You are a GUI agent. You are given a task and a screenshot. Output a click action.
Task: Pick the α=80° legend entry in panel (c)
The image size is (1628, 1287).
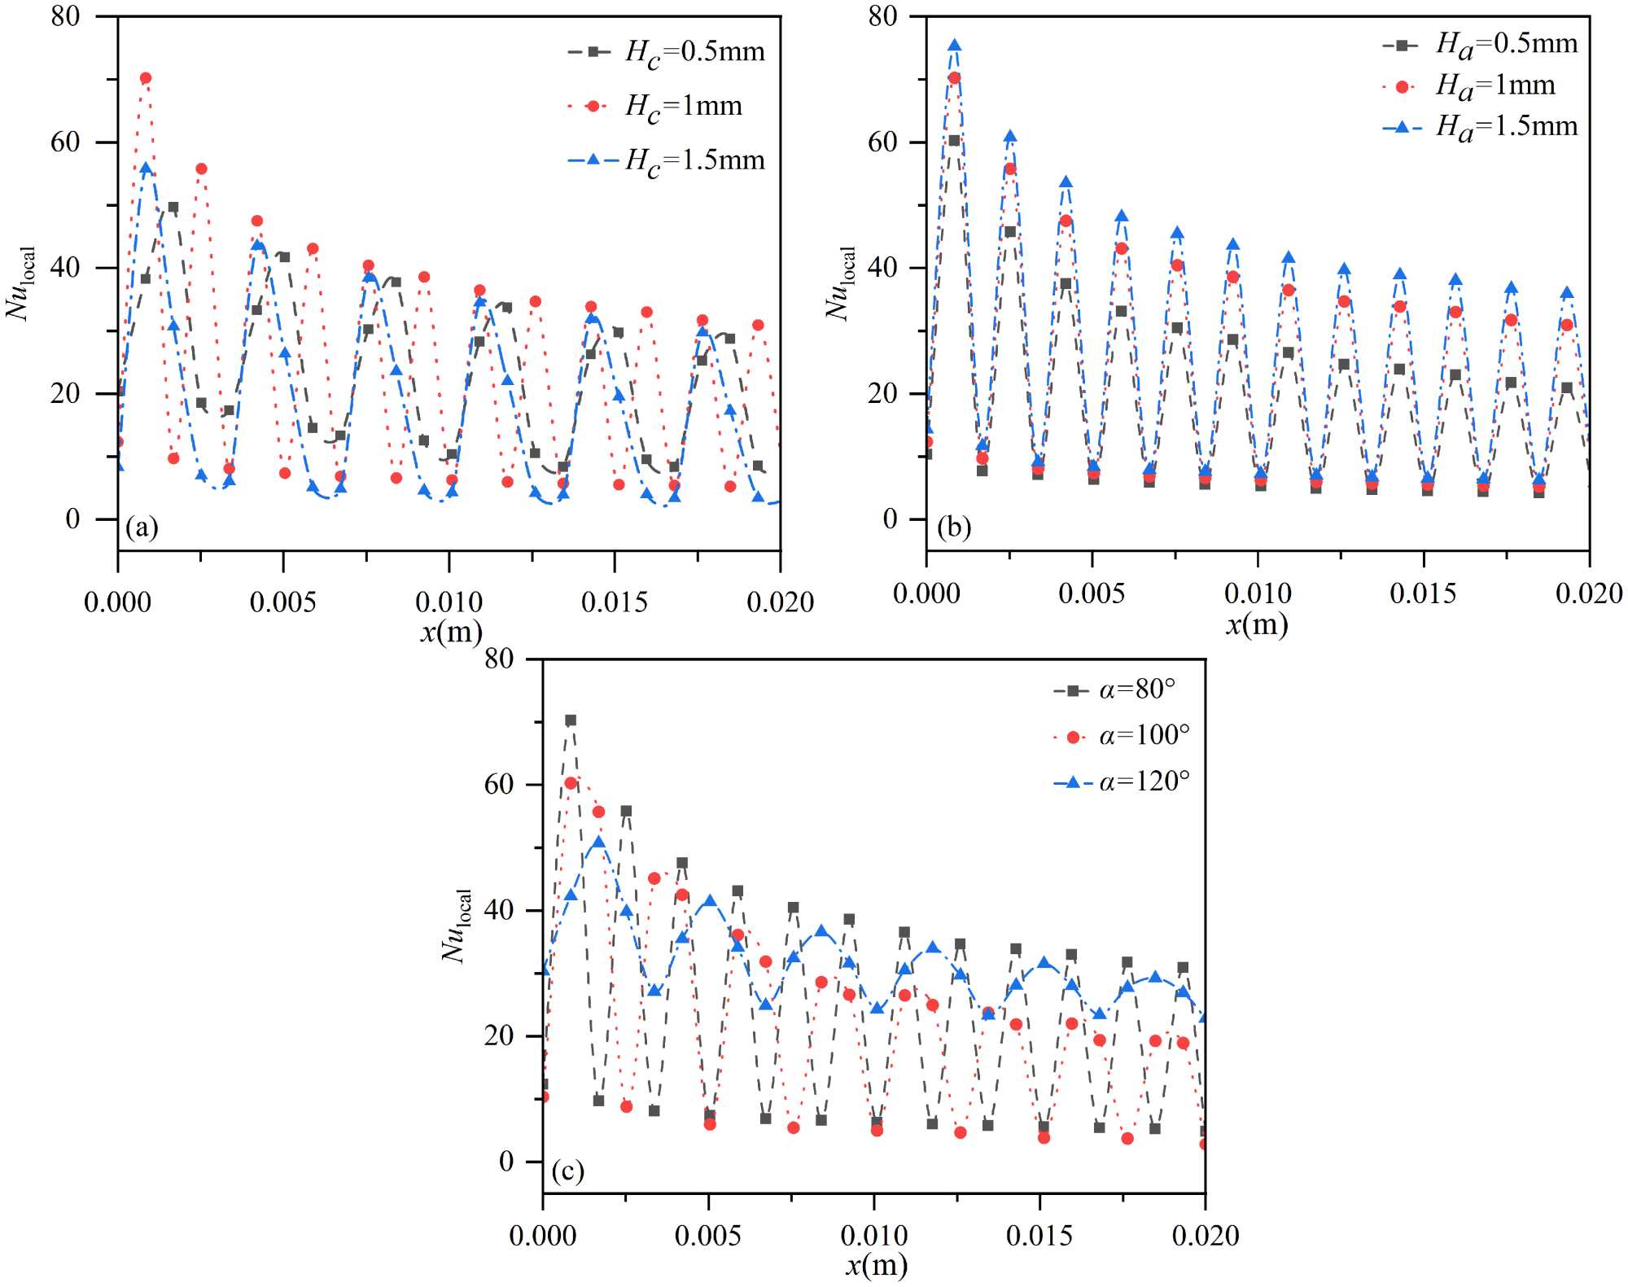click(x=1115, y=690)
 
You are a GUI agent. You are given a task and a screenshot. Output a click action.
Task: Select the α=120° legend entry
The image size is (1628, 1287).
click(x=1122, y=782)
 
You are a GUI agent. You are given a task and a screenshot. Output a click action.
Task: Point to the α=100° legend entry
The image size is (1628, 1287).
click(x=1122, y=737)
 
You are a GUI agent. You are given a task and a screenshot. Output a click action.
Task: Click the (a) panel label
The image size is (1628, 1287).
click(x=142, y=527)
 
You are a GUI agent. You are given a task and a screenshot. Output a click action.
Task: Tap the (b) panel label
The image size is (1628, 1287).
click(x=954, y=527)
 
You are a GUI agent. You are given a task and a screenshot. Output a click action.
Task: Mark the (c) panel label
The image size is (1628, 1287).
click(x=567, y=1171)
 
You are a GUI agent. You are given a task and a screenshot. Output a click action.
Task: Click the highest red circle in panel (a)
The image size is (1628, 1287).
click(x=146, y=78)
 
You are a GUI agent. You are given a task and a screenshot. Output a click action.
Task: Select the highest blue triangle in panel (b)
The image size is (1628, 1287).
click(x=955, y=46)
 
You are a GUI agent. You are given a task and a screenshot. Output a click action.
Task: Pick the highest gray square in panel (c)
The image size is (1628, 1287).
click(x=571, y=720)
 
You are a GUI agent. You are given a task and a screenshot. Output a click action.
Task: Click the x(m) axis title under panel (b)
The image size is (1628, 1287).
click(x=1257, y=624)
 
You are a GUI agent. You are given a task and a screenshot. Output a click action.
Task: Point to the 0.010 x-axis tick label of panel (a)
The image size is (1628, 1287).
click(x=449, y=602)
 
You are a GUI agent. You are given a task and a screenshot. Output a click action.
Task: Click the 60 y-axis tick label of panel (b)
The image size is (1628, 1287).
click(x=882, y=142)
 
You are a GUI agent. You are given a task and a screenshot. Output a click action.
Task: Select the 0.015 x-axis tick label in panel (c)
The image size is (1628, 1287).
click(x=1039, y=1236)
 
